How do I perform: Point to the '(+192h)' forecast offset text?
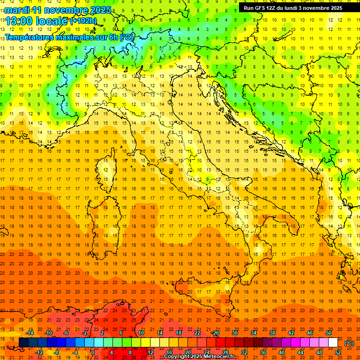coord(83,21)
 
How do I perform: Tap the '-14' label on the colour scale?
coord(30,333)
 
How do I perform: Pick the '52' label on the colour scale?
coord(338,352)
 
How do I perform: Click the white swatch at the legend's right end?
coord(333,343)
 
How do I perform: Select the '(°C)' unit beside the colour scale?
coord(349,343)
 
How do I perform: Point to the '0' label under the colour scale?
coord(92,352)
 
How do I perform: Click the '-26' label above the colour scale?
coord(215,333)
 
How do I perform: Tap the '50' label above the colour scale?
coord(329,333)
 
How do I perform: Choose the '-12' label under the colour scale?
coord(39,352)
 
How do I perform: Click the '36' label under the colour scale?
coord(263,352)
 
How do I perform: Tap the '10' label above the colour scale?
coord(141,333)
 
